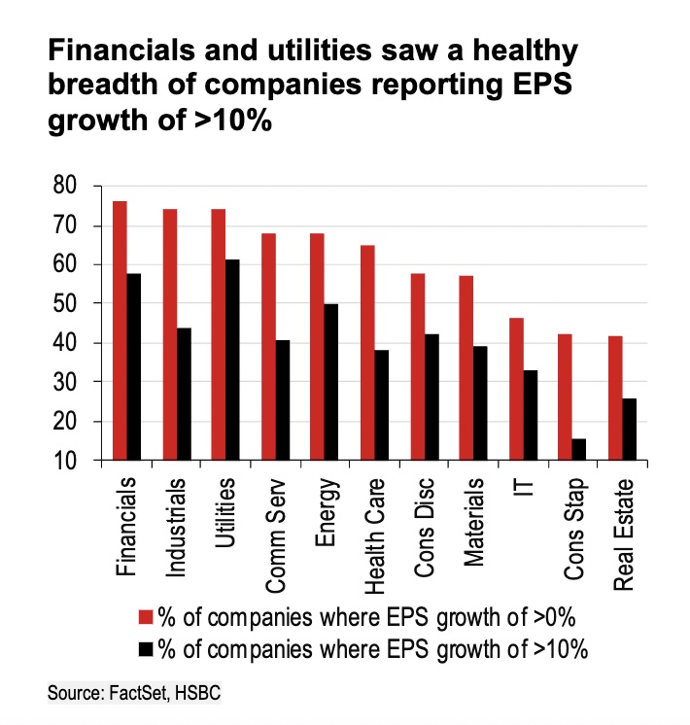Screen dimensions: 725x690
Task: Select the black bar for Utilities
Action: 231,361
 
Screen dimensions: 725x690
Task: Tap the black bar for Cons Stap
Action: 579,450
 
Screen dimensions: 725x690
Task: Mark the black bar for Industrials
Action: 183,395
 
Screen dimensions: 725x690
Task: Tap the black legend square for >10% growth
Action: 148,648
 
